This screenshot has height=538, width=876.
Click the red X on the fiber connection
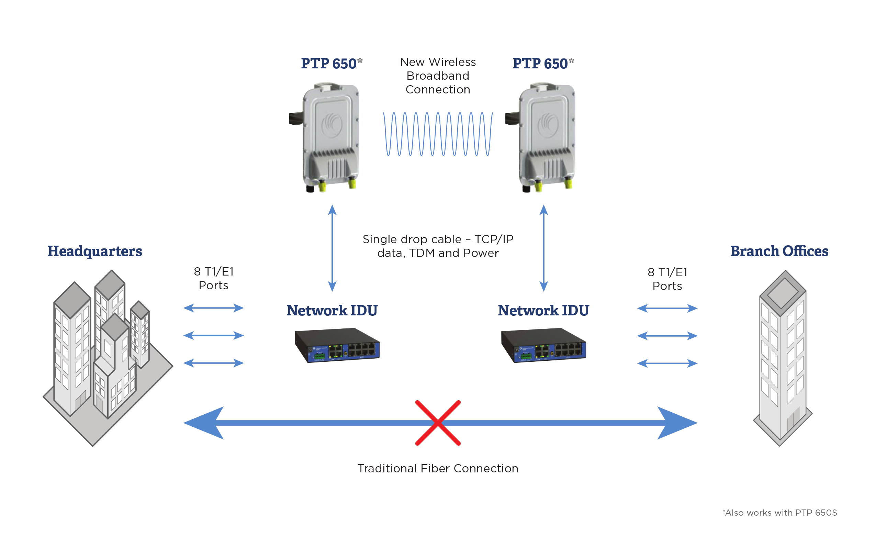pos(438,423)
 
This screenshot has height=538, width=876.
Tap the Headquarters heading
pos(95,251)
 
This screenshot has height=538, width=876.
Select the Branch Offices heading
pos(779,251)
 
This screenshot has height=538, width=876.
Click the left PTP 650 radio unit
pos(329,137)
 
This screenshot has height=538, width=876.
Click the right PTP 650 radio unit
pos(545,137)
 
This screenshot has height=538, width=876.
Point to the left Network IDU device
pos(337,345)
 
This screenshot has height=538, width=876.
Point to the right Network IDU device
pos(543,345)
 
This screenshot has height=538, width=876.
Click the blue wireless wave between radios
pos(438,134)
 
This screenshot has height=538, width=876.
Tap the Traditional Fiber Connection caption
pos(438,468)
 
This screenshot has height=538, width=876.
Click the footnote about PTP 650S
pos(779,513)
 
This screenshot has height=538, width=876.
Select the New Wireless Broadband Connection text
pos(438,76)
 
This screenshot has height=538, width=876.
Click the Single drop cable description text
pos(438,246)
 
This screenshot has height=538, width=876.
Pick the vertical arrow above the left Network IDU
pos(332,248)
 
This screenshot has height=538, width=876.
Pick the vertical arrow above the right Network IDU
pos(543,248)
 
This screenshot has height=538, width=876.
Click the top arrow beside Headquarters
pos(213,308)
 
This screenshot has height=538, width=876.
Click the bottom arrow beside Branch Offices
pos(667,363)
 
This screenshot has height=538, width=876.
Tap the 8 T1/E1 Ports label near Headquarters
pos(213,278)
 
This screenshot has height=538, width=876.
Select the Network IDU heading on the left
pos(332,311)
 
